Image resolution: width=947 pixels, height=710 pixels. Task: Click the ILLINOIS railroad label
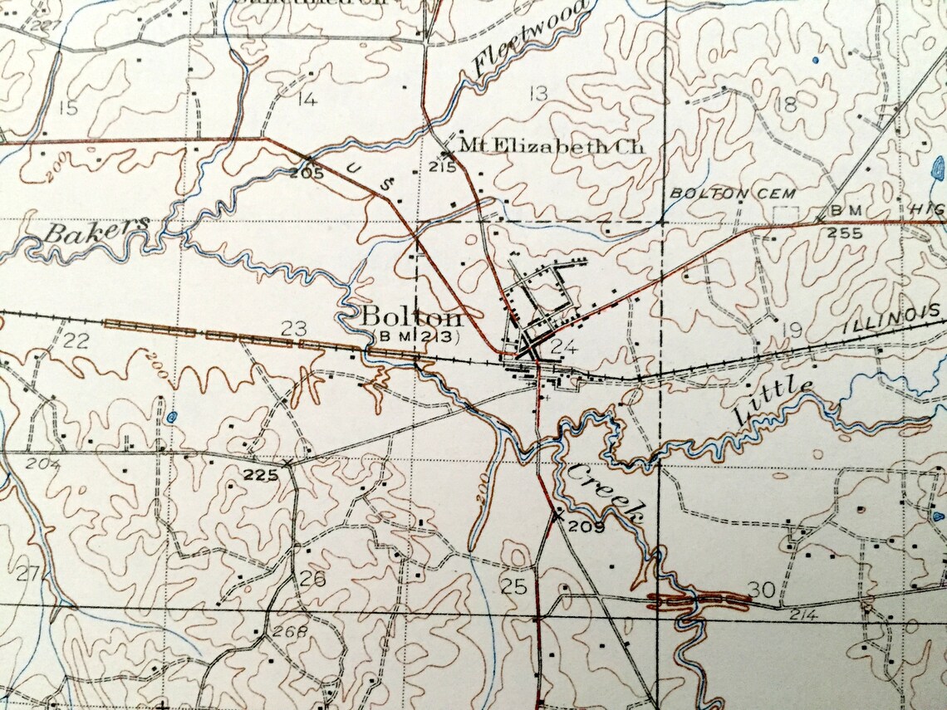892,319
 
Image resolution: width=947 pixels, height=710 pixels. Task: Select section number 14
307,100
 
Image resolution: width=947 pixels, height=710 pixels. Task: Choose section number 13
538,93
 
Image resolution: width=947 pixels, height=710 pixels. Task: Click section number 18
786,104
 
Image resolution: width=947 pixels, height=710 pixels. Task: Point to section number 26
312,579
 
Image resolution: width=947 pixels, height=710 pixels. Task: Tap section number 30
761,589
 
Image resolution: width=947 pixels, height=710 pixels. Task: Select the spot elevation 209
586,525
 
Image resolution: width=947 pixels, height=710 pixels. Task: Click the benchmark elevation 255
844,233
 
